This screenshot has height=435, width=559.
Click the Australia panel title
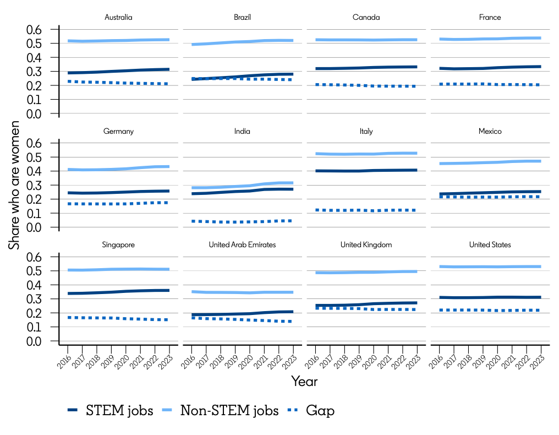click(x=118, y=17)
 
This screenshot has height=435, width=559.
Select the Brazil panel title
click(x=242, y=17)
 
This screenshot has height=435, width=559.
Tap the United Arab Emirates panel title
click(x=242, y=244)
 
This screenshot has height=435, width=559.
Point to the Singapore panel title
click(x=118, y=244)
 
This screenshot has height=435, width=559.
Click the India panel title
click(x=242, y=131)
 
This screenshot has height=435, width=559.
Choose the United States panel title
click(x=490, y=244)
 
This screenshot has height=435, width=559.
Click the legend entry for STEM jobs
click(x=110, y=411)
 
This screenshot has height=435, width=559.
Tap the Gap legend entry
click(x=311, y=411)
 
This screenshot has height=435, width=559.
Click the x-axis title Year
click(x=304, y=381)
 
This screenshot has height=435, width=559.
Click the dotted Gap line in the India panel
click(x=242, y=221)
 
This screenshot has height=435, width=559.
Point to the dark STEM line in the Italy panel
click(x=366, y=171)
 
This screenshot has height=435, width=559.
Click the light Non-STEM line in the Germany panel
click(x=118, y=169)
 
